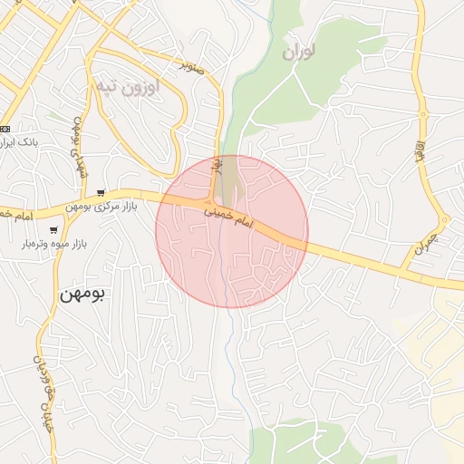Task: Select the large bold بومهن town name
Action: (83, 295)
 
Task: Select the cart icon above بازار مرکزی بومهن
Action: (101, 192)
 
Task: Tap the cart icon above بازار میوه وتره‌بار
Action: (54, 230)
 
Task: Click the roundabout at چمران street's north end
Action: (444, 219)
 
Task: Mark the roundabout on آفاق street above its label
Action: (422, 114)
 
